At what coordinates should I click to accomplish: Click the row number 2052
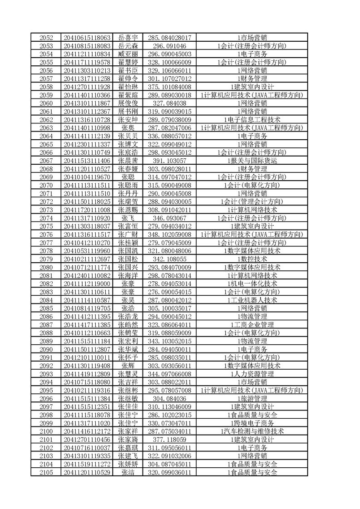pos(46,38)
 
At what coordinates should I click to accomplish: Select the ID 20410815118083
pos(87,46)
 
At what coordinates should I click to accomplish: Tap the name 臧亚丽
pos(128,54)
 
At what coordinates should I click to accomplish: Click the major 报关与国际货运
pos(252,161)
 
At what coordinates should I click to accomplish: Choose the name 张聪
pos(128,177)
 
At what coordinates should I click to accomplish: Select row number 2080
pos(46,267)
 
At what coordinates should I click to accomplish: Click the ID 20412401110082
pos(87,275)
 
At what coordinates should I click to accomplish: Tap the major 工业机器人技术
pos(252,300)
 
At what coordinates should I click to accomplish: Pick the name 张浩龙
pos(128,316)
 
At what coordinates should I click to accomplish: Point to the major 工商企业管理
pos(252,324)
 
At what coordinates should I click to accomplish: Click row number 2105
pos(46,472)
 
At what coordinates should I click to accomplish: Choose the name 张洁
pos(128,472)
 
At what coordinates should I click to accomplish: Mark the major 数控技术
pos(252,259)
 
